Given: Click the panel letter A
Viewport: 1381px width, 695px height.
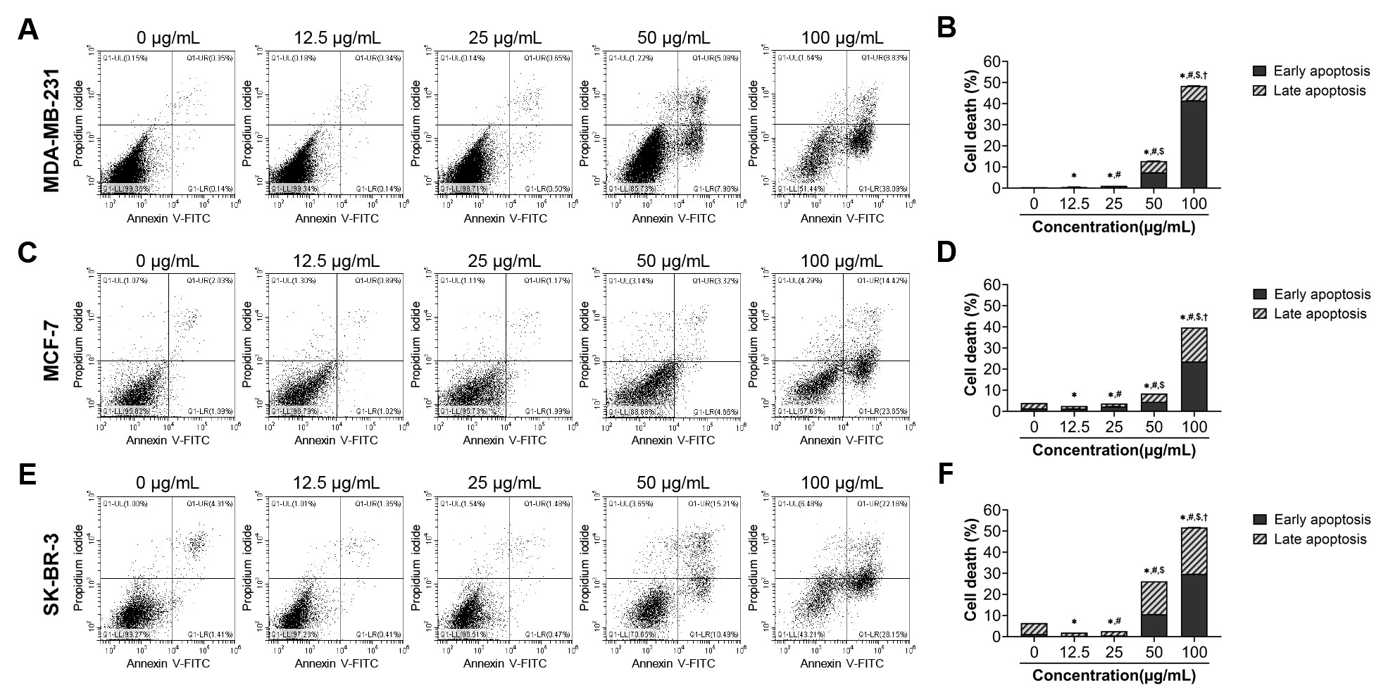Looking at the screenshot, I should coord(27,30).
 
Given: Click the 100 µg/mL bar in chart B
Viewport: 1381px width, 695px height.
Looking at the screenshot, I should coord(1194,137).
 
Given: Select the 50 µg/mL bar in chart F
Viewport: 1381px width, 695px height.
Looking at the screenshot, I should coord(1154,609).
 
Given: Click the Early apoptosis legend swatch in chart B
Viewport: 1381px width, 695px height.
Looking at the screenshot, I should coord(1261,71).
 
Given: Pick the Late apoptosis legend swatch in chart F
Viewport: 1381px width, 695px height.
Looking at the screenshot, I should coord(1261,539).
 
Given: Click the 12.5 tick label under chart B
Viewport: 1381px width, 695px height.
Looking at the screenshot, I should coord(1074,204).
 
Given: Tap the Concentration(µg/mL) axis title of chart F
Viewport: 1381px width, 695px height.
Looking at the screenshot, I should coord(1114,675).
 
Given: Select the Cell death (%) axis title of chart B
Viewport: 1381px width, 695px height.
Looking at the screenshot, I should coord(972,121).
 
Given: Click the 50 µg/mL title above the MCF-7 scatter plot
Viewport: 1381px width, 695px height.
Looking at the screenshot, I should coord(673,261).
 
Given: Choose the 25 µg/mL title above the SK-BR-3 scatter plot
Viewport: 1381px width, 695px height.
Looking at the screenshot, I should coord(504,484).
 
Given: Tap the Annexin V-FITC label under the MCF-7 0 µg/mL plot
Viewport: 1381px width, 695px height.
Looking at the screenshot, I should coord(168,440).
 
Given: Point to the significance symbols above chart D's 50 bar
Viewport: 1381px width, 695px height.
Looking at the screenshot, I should coord(1154,385).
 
